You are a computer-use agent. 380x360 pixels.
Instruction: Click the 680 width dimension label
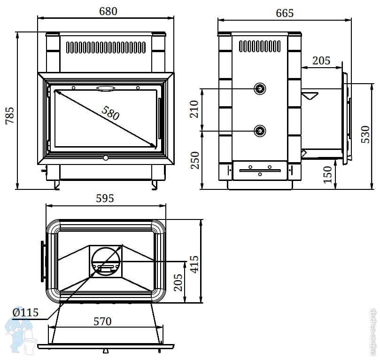108,11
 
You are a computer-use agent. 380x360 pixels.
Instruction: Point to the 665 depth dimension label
284,13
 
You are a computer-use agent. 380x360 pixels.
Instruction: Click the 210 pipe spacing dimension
194,110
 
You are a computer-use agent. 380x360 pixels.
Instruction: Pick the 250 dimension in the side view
194,160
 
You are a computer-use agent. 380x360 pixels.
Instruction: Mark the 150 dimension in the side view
328,174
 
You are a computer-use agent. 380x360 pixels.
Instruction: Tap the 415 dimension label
194,263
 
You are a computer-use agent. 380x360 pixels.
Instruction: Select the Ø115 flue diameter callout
25,312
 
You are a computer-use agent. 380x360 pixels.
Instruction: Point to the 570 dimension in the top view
102,321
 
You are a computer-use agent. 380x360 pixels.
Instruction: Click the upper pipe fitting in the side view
260,88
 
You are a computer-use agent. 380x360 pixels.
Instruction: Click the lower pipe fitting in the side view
260,130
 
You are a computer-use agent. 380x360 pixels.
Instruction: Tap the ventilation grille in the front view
106,47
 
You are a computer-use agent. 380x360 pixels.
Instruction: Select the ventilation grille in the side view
260,46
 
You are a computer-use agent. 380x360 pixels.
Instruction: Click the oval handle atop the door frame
106,88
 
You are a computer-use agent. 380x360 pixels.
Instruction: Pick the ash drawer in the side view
260,170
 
